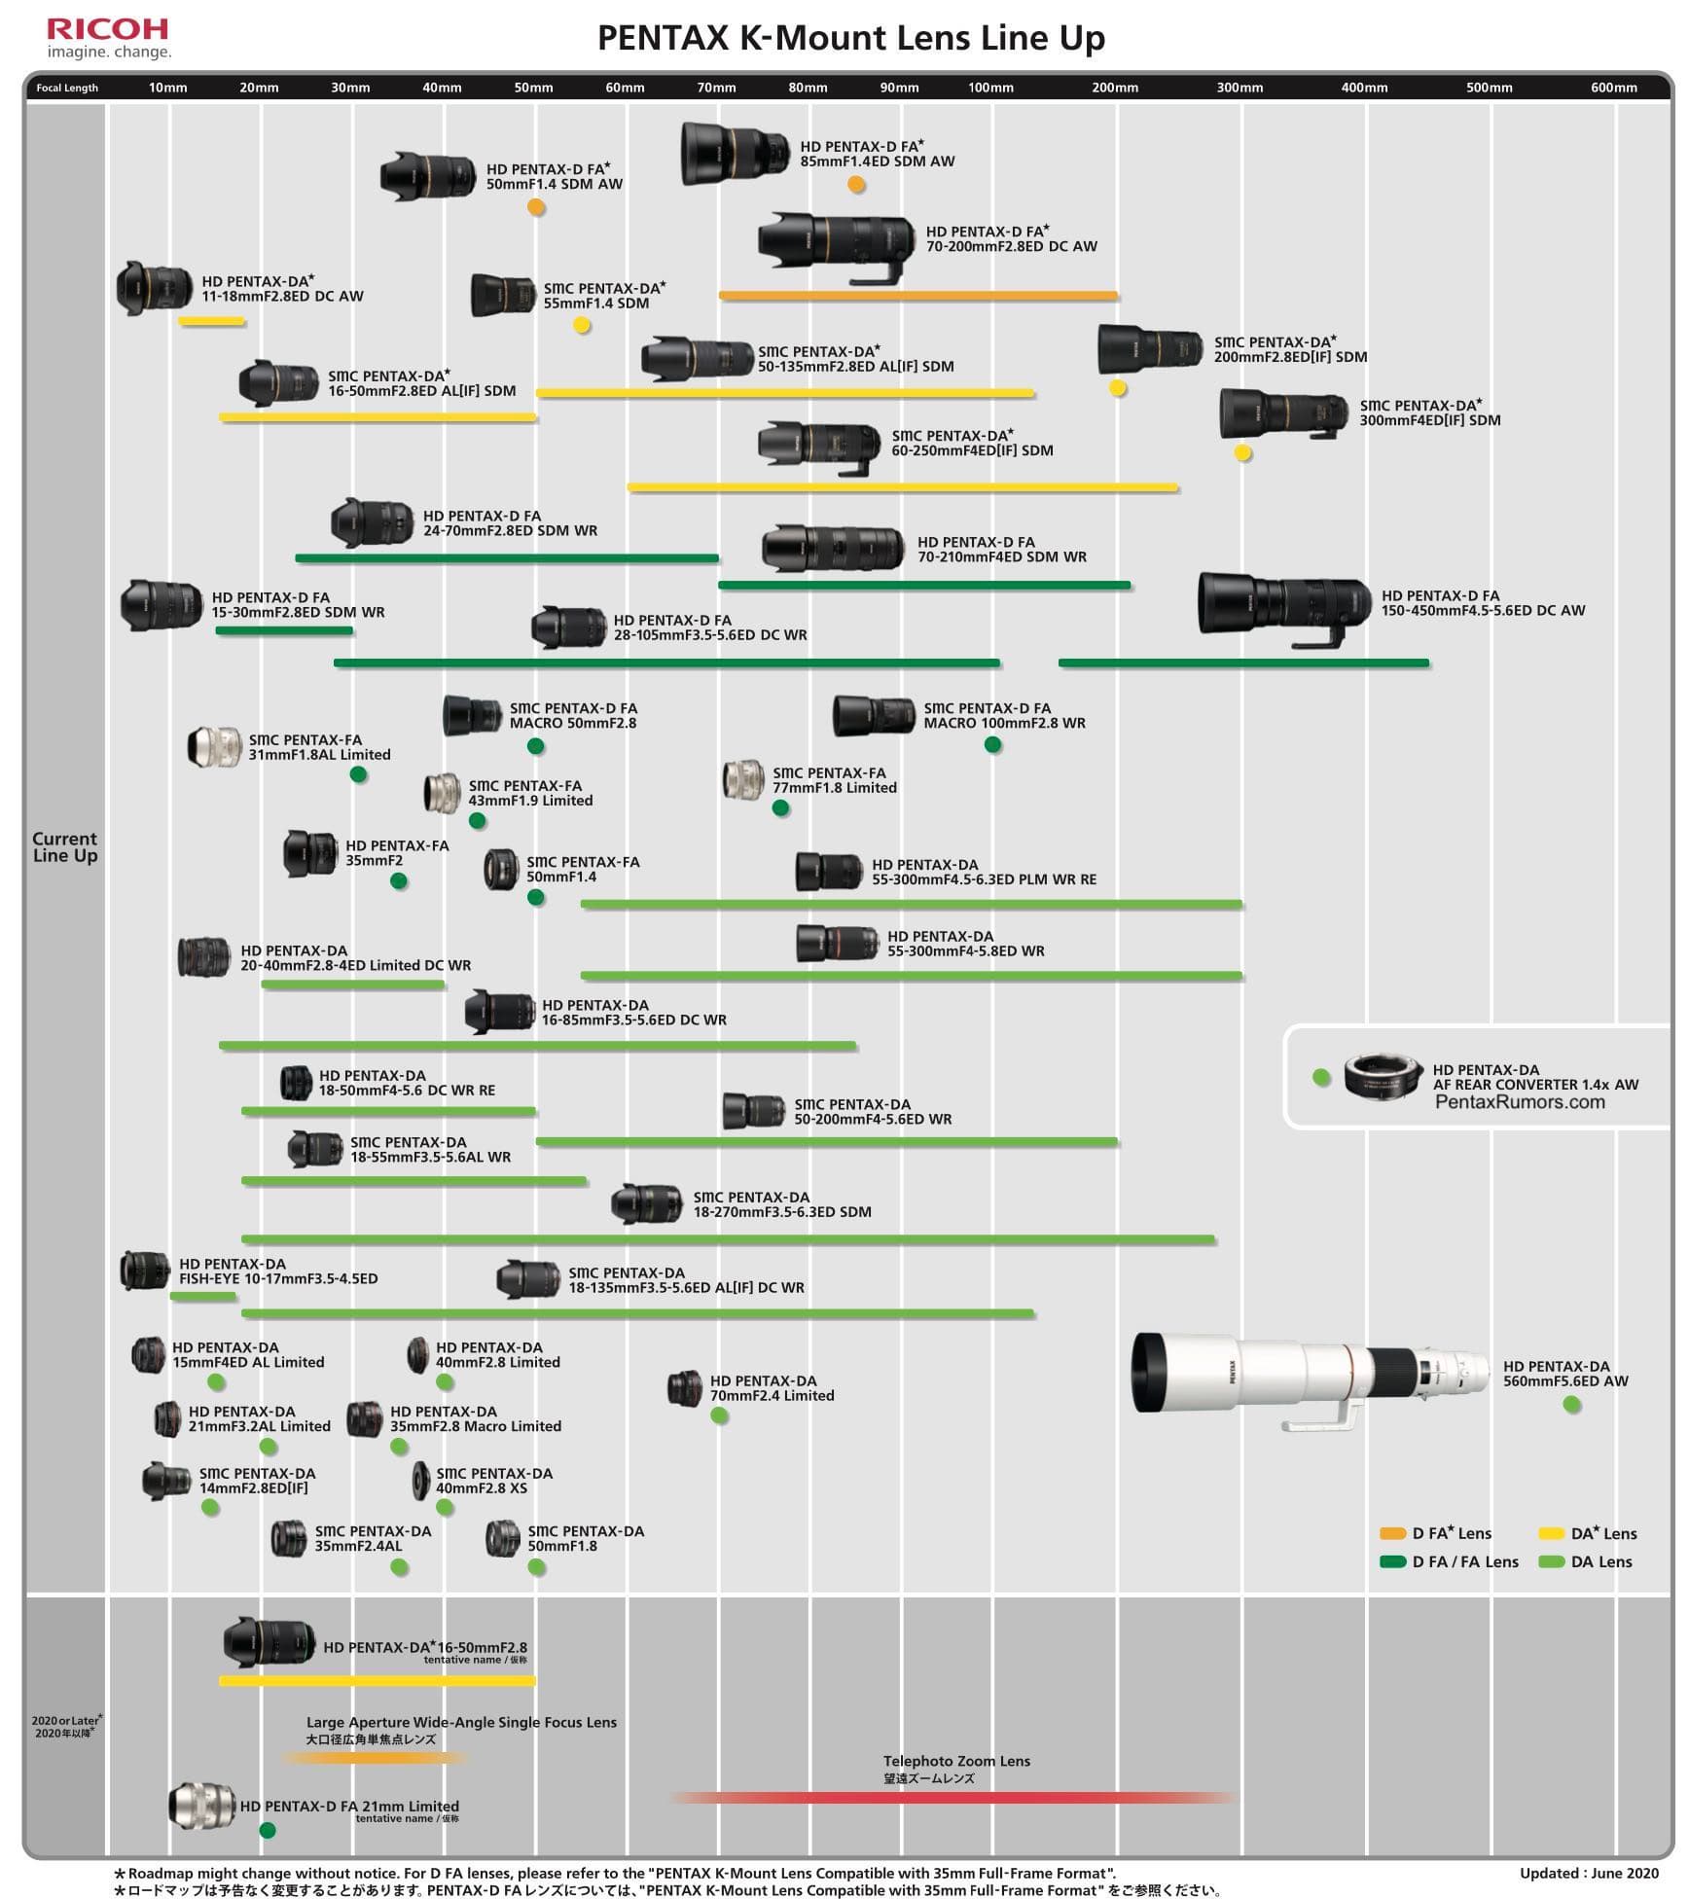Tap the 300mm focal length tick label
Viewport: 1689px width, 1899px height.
coord(1240,88)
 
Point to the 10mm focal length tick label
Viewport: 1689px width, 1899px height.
coord(167,88)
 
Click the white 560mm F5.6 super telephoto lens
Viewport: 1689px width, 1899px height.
coord(1311,1380)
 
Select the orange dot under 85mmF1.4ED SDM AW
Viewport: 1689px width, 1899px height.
coord(856,185)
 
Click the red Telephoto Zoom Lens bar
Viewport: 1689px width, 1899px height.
coord(953,1798)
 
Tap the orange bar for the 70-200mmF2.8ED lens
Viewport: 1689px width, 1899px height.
coord(918,296)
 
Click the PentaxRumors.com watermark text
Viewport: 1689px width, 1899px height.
coord(1520,1102)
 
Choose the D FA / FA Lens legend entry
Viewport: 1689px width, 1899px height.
coord(1450,1561)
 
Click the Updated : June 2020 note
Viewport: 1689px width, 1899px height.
coord(1589,1873)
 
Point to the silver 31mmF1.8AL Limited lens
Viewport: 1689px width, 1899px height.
coord(214,747)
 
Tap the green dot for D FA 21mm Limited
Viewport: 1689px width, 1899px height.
coord(268,1830)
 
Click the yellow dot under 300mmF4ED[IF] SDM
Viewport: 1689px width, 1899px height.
coord(1242,452)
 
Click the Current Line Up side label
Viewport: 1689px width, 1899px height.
coord(65,846)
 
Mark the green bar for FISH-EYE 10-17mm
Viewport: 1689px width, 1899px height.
coord(203,1297)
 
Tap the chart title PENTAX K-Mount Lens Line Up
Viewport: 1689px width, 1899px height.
coord(851,38)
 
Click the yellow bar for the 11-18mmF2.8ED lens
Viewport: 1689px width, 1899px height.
coord(211,321)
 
